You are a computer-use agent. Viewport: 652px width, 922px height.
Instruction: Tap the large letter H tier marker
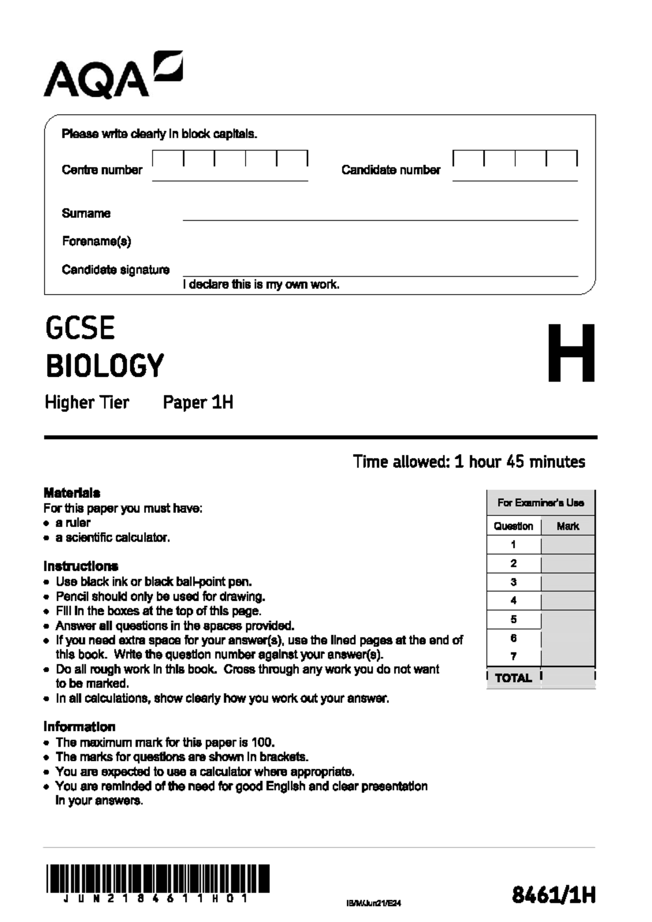coord(570,353)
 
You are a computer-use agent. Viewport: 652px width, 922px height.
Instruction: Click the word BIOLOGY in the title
coord(105,366)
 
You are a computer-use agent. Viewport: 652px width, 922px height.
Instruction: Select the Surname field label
coord(86,214)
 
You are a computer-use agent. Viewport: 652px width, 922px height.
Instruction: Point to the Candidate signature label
coord(116,270)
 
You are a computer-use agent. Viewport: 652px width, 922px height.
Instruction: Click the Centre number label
coord(102,170)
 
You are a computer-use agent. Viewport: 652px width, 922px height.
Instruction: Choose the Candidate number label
coord(391,170)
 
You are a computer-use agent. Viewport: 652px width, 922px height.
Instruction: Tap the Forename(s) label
coord(96,241)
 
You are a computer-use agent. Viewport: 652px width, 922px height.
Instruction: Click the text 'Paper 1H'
coord(198,403)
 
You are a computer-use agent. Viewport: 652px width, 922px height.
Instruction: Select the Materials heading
coord(72,493)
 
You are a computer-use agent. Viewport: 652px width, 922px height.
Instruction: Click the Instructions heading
coord(80,566)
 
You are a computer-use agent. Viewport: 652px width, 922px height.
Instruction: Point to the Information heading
coord(79,727)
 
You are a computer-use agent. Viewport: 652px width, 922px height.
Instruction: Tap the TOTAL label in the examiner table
coord(513,678)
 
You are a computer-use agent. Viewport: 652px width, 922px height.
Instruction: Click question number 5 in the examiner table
coord(513,620)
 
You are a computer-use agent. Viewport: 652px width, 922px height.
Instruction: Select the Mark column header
coord(568,526)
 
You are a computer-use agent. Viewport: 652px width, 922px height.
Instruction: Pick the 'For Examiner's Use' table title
coord(541,503)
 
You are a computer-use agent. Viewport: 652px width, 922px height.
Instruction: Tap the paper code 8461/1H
coord(554,895)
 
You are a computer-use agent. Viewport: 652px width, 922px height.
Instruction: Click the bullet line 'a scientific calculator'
coord(112,538)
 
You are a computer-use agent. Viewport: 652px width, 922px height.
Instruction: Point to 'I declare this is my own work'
coord(261,284)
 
